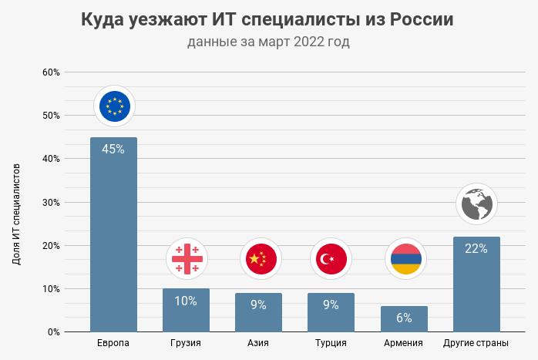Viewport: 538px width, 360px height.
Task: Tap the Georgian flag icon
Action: [187, 258]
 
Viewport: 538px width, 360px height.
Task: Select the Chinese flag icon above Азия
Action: [259, 258]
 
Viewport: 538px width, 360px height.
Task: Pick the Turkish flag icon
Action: [331, 258]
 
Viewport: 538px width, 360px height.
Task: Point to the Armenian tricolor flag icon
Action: [405, 258]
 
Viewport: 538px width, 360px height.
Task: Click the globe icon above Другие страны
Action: [476, 204]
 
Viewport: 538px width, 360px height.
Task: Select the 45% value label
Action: [113, 150]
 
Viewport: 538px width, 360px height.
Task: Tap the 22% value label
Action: [476, 248]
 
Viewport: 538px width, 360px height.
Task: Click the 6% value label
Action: [405, 318]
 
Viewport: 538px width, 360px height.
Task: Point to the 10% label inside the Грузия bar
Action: [186, 301]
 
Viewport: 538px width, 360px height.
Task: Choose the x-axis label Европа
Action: [113, 343]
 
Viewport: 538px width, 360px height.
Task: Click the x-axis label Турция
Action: [331, 343]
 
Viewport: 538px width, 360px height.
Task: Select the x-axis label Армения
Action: [404, 343]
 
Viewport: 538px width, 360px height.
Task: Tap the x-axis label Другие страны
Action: [476, 343]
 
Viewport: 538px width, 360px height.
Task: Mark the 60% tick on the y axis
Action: [51, 72]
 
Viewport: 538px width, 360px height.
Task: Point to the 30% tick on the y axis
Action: [51, 203]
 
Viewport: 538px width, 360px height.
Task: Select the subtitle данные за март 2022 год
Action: [268, 42]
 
